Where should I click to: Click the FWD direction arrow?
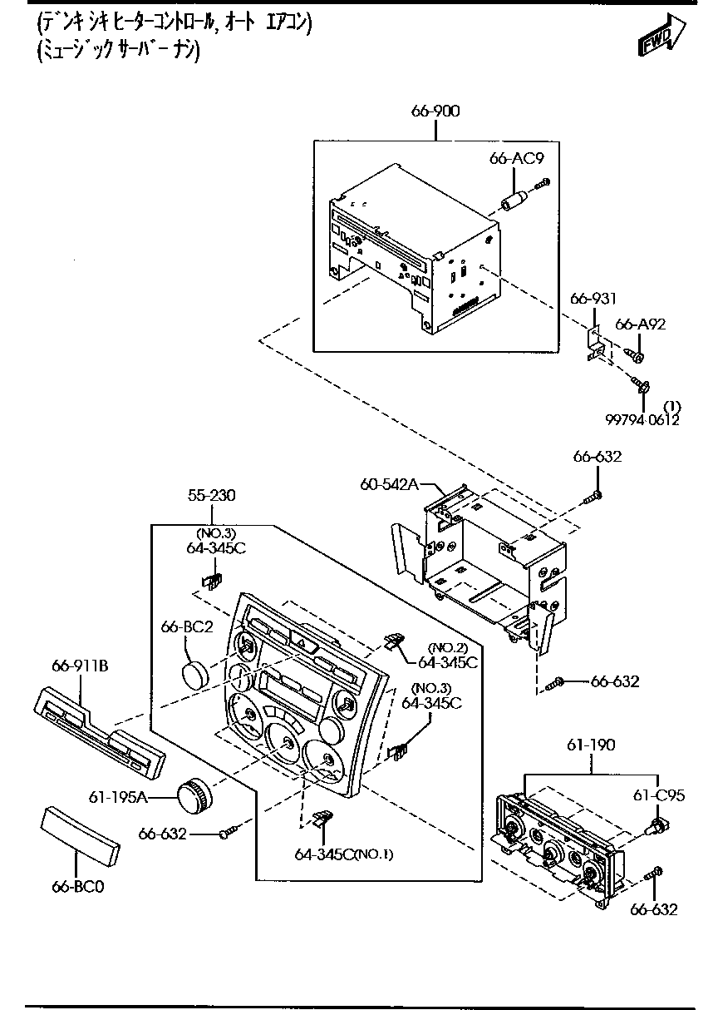point(661,35)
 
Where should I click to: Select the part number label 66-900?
point(435,111)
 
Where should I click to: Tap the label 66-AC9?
point(516,158)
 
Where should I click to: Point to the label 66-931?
point(593,299)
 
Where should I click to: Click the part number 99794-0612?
point(642,420)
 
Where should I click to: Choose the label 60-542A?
point(389,484)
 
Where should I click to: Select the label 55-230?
point(211,496)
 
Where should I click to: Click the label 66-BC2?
point(187,626)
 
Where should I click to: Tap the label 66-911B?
point(80,666)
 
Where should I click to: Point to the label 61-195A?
point(118,798)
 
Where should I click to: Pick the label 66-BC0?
point(78,887)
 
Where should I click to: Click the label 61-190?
point(591,745)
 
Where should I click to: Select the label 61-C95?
point(658,795)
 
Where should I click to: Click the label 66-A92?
point(640,324)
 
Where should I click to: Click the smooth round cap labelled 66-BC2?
point(196,676)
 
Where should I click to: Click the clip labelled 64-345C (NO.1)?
point(323,818)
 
